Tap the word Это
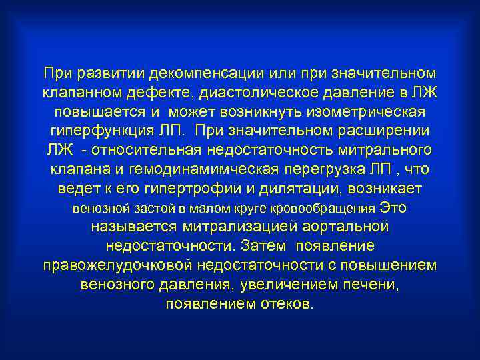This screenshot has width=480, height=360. (x=393, y=207)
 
